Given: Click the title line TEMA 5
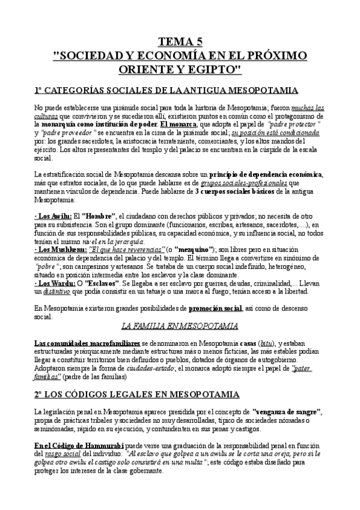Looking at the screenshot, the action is [x=180, y=41].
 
